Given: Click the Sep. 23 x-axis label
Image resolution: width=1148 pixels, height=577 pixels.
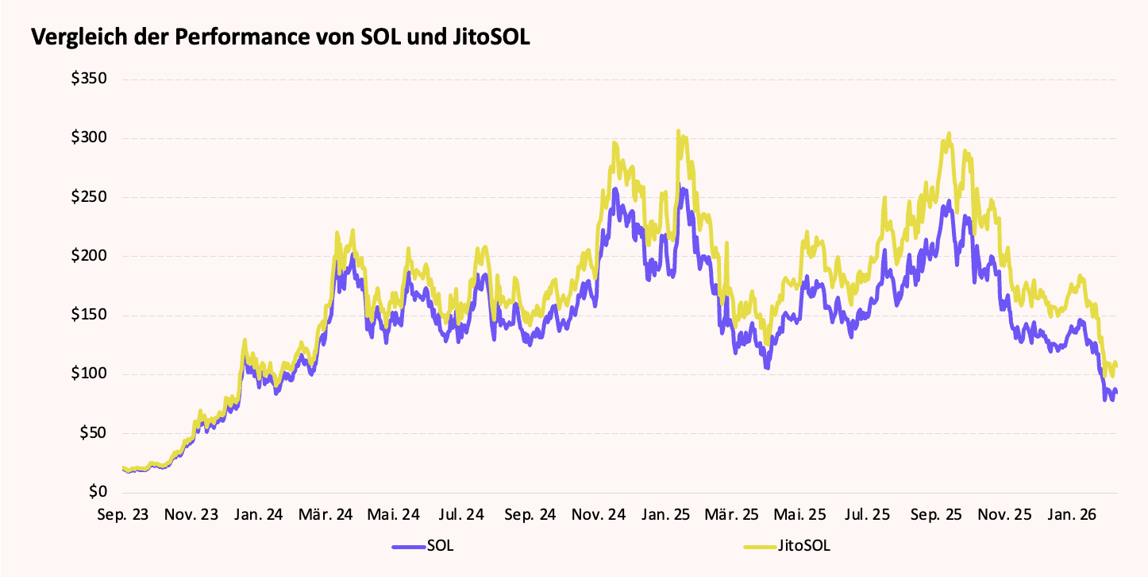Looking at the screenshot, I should (x=122, y=515).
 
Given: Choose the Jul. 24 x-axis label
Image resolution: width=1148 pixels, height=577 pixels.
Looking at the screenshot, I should (x=461, y=515).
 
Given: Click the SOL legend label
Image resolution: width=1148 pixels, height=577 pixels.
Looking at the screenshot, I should (x=441, y=546).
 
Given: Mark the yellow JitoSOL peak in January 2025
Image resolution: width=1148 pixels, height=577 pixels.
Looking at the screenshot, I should (x=679, y=131).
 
